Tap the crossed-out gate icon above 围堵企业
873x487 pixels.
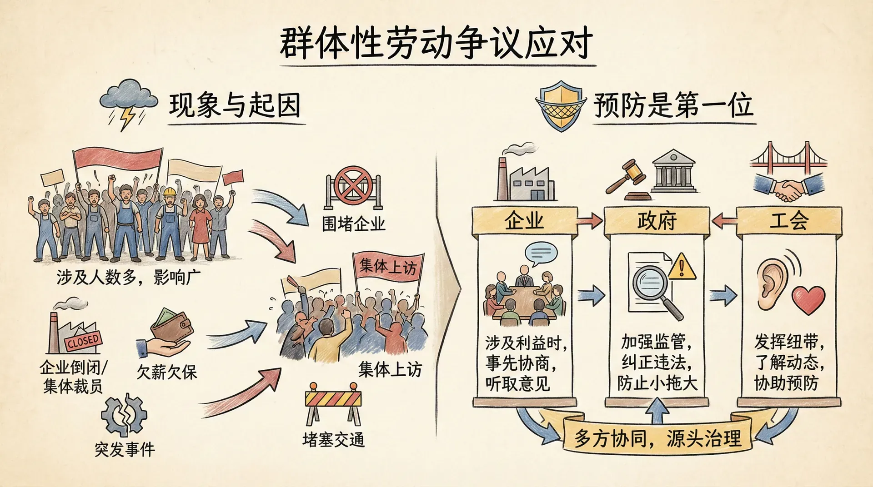point(353,187)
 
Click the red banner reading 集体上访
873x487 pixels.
point(388,266)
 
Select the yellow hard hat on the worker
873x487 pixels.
point(170,192)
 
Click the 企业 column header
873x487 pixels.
point(524,221)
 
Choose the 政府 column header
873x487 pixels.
point(657,221)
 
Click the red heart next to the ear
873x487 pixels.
point(808,300)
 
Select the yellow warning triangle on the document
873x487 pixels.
point(681,267)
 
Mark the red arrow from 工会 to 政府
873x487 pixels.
point(724,221)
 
